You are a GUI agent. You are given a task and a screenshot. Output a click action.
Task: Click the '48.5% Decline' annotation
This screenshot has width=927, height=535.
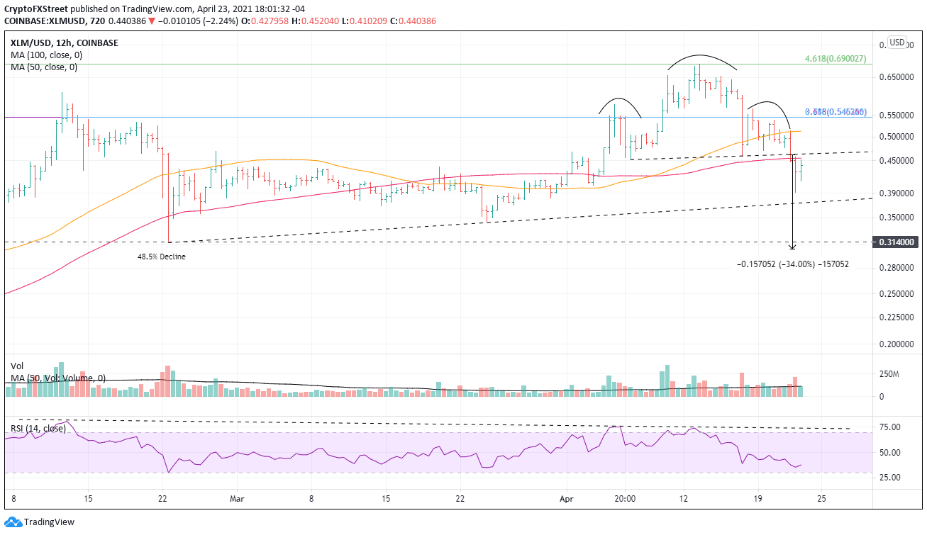161,257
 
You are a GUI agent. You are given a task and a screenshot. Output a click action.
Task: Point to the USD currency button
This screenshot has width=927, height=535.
897,43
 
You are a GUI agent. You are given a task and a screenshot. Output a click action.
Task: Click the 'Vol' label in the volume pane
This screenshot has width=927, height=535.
17,366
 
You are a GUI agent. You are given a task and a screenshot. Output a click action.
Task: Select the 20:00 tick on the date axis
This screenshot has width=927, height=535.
624,498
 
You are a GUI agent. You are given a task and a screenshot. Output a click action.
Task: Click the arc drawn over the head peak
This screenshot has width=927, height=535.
701,56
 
